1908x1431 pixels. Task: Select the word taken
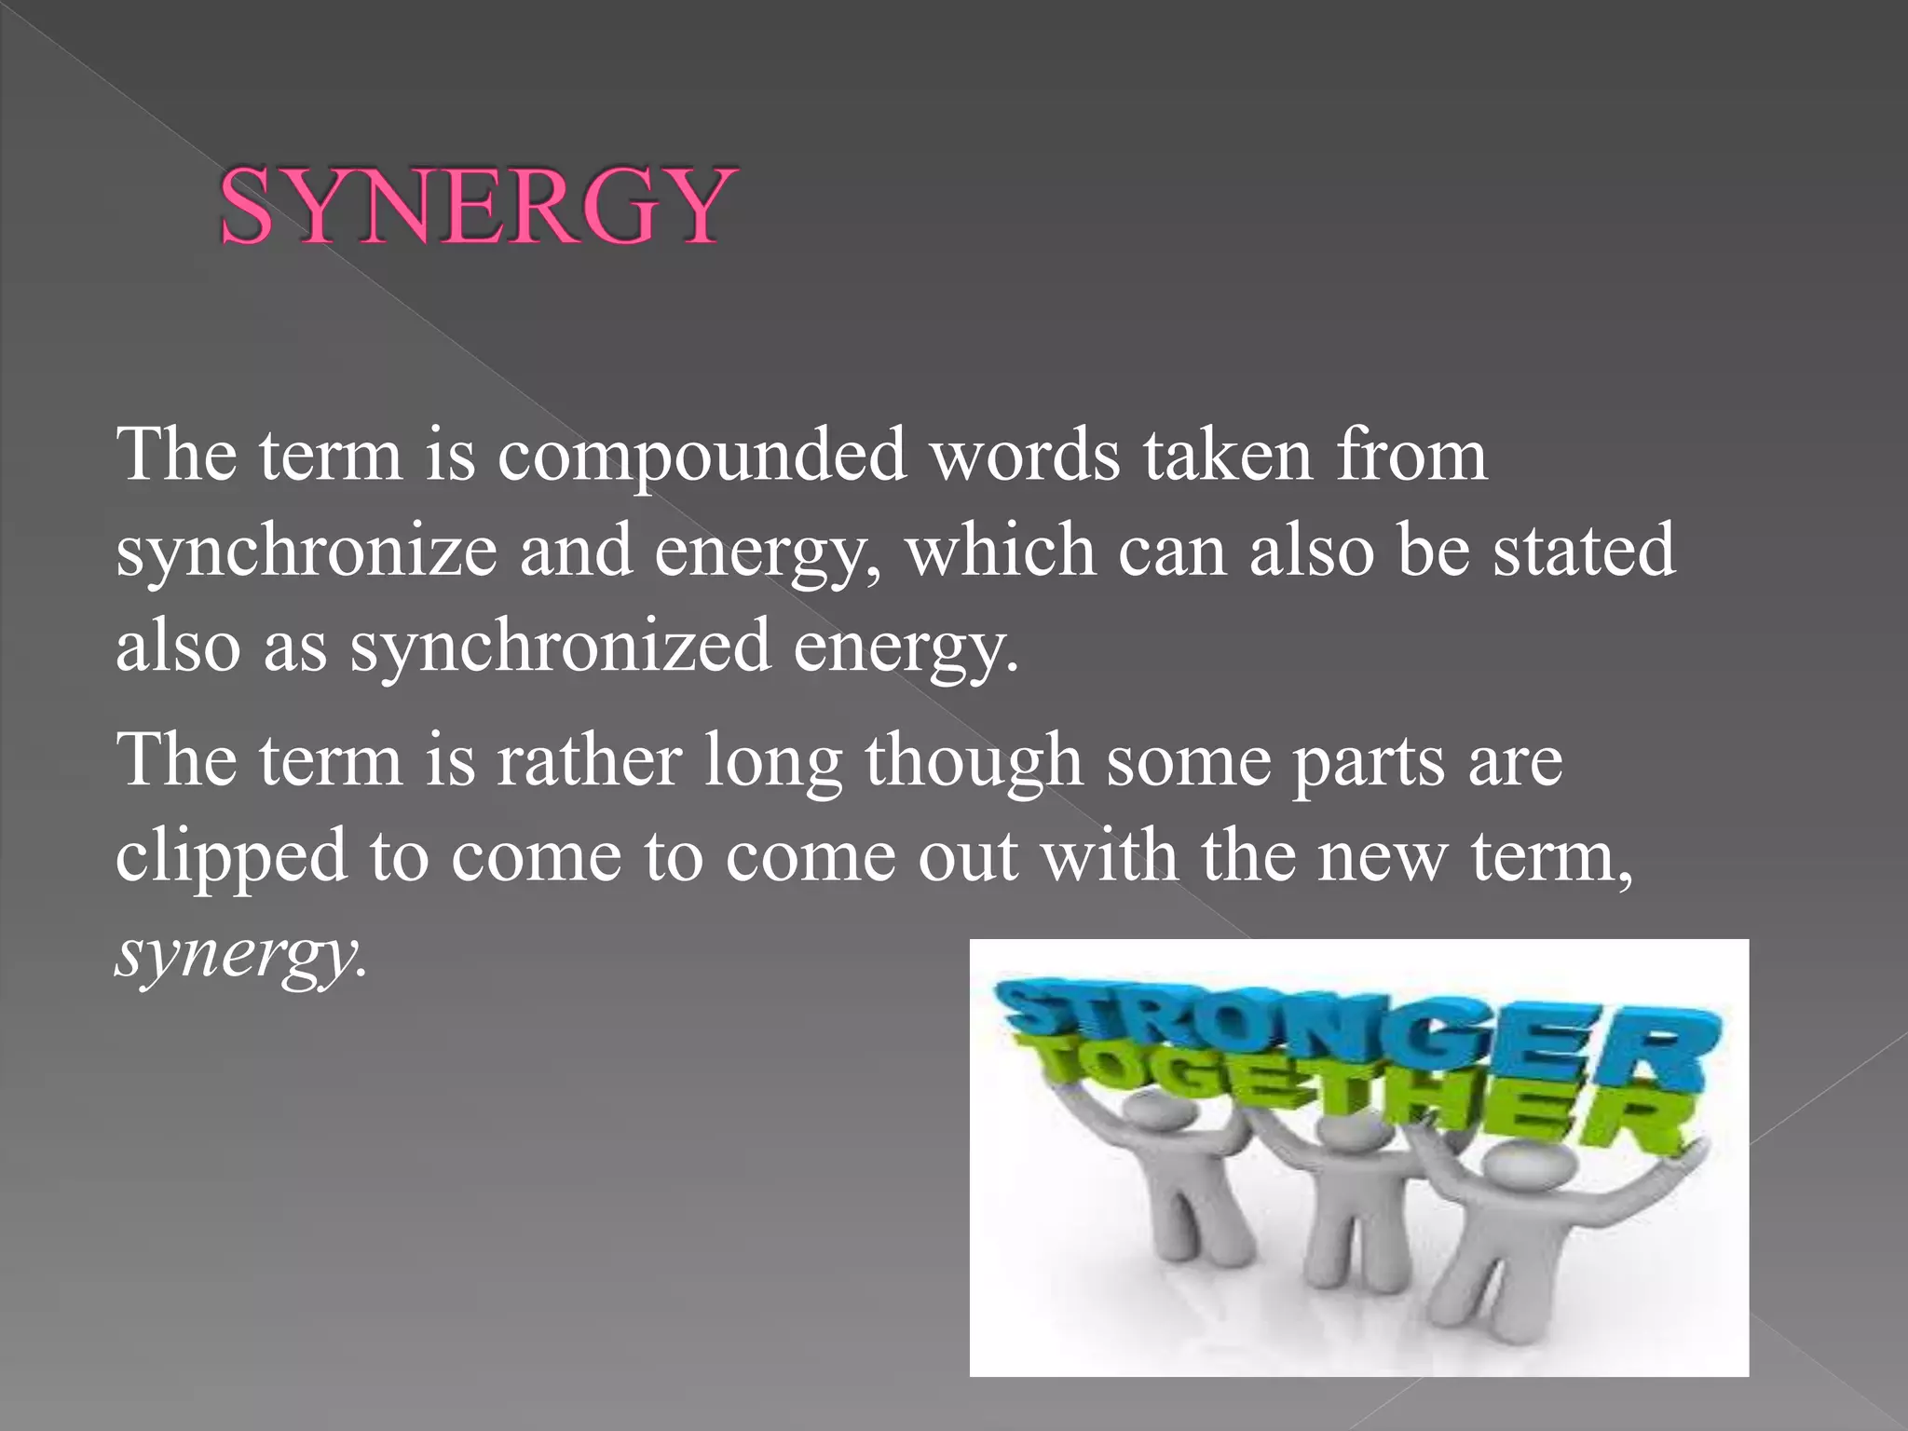point(1228,455)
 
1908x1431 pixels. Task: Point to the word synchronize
point(307,552)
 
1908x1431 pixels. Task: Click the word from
point(1411,455)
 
